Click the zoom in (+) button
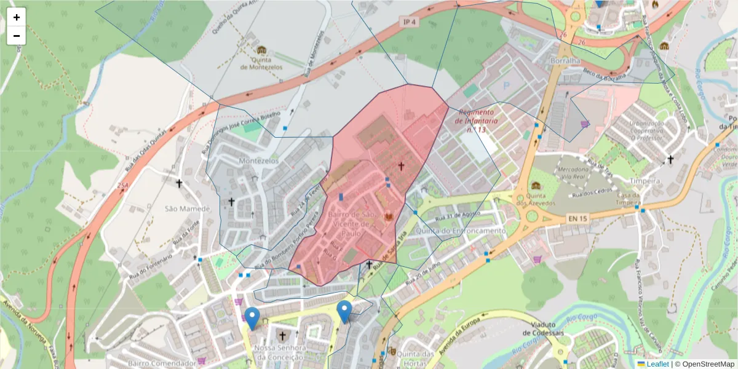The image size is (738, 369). (x=17, y=17)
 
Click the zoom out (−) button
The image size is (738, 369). (x=17, y=36)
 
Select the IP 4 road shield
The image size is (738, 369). (x=410, y=22)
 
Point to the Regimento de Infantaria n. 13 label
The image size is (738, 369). (x=475, y=121)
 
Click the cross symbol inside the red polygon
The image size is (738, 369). (x=402, y=165)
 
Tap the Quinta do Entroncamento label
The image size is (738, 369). (x=460, y=231)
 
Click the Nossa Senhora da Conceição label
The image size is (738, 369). (x=279, y=352)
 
